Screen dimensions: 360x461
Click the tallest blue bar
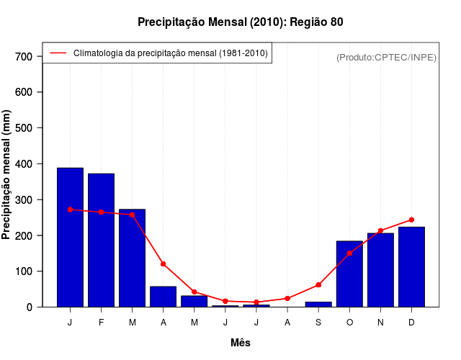click(70, 238)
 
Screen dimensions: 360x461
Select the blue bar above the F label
click(101, 240)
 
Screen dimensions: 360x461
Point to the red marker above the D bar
click(411, 220)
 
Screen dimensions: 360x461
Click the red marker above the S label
click(318, 285)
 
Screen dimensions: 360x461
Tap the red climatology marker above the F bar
click(101, 212)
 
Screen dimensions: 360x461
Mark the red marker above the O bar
click(349, 253)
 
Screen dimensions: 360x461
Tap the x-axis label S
click(318, 323)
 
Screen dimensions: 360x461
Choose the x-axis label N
click(380, 323)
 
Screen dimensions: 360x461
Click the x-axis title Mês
click(241, 343)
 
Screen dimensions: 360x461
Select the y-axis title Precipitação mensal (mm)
click(7, 174)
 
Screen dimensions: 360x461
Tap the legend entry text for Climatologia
click(170, 53)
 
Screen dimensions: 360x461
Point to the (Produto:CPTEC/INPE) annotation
click(386, 57)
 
